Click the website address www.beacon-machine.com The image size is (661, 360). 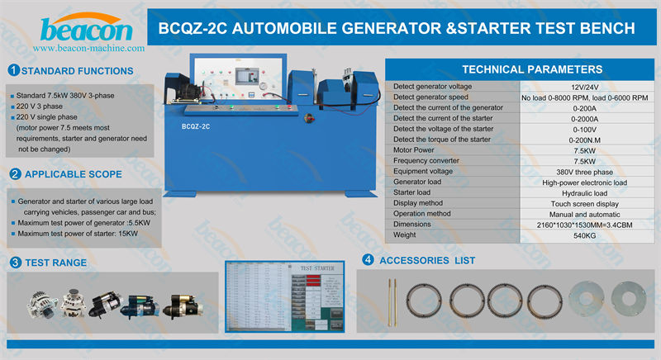pyautogui.click(x=88, y=49)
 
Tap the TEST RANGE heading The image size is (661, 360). pyautogui.click(x=55, y=263)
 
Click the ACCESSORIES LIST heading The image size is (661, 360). pyautogui.click(x=426, y=260)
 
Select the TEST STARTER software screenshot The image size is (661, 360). pyautogui.click(x=283, y=299)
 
